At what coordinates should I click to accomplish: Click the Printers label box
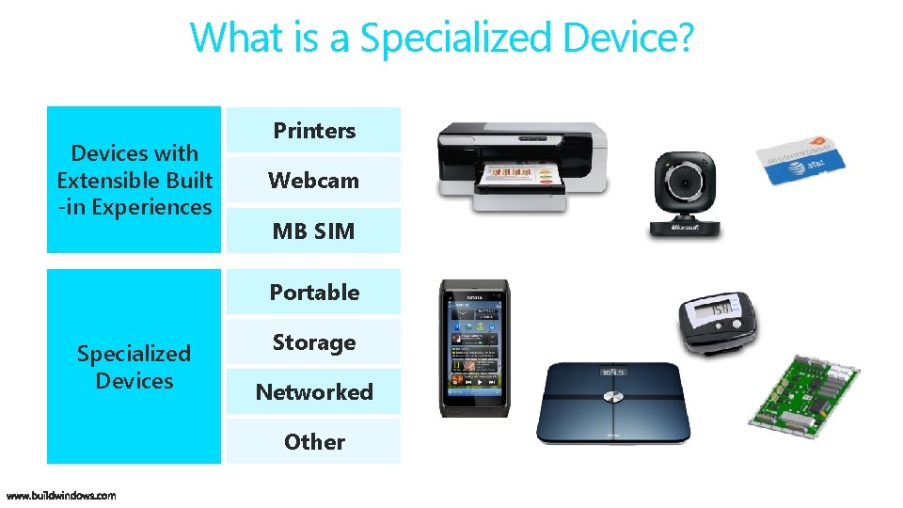[313, 130]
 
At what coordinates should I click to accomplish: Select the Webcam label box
[313, 180]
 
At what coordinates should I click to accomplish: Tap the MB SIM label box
[313, 230]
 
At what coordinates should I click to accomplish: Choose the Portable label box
[313, 292]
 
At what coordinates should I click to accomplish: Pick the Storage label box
[313, 342]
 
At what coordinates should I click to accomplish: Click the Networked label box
[313, 392]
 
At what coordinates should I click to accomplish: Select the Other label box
[313, 441]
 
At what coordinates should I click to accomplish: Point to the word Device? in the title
[628, 38]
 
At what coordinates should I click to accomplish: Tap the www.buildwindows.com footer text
[61, 495]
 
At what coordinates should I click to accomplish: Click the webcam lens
[686, 179]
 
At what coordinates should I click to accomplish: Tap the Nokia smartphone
[475, 348]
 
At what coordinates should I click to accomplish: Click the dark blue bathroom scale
[612, 403]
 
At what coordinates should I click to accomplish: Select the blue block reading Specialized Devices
[134, 367]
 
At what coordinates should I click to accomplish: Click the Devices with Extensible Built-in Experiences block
[134, 180]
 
